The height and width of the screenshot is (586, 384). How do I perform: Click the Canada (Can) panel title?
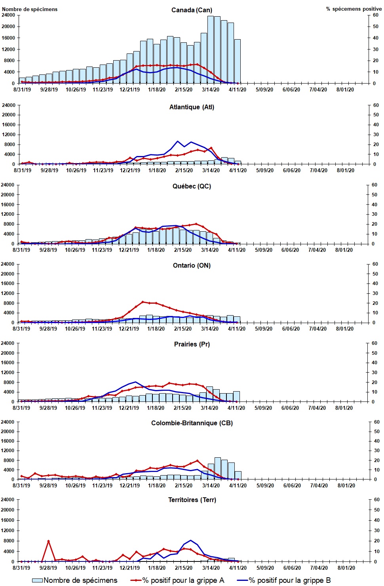192,10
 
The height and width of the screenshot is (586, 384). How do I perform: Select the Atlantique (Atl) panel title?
192,107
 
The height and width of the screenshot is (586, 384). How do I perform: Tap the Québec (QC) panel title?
192,186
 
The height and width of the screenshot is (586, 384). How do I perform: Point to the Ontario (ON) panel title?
192,265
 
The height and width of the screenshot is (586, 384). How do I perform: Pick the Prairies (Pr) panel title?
192,344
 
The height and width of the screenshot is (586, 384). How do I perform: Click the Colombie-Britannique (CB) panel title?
192,423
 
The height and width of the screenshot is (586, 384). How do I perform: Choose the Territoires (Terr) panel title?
192,500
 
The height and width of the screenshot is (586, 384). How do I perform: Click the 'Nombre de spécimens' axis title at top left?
30,9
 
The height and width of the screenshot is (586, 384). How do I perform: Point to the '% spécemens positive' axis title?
354,9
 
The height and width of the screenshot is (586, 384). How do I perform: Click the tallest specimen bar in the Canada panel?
211,49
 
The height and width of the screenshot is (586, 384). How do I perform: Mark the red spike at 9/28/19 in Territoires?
48,541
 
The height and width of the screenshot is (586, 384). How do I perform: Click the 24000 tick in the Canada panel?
8,15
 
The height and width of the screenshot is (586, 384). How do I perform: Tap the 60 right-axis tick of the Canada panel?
375,15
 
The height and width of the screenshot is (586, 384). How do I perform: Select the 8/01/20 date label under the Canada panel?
345,89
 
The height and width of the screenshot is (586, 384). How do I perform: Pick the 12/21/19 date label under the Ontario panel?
129,329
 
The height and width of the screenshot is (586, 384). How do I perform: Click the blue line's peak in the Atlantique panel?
178,141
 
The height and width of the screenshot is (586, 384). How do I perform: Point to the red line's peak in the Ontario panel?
143,302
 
